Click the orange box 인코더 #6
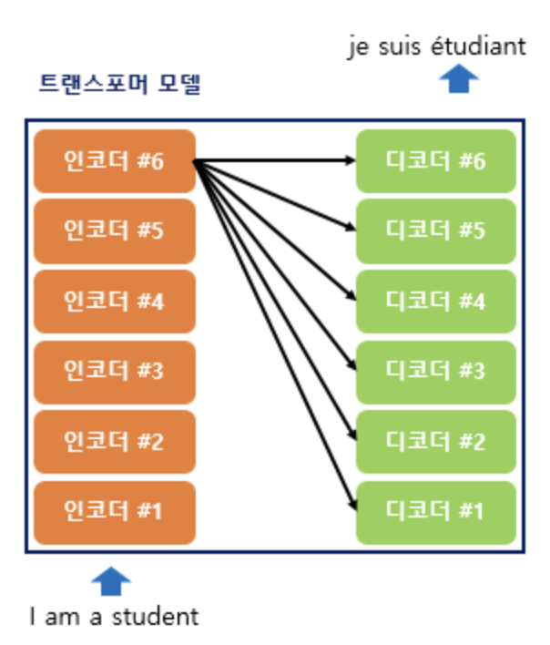115,162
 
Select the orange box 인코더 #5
115,231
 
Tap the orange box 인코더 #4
115,302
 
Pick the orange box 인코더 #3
115,372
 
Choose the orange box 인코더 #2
115,442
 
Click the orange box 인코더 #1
115,512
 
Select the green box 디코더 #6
435,162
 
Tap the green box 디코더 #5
435,231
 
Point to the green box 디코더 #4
435,302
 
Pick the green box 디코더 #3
435,372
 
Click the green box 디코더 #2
435,442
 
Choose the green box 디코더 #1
435,512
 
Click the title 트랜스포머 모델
119,86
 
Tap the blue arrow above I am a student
111,580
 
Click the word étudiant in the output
480,46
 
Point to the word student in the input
154,617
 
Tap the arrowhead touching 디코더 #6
351,161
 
